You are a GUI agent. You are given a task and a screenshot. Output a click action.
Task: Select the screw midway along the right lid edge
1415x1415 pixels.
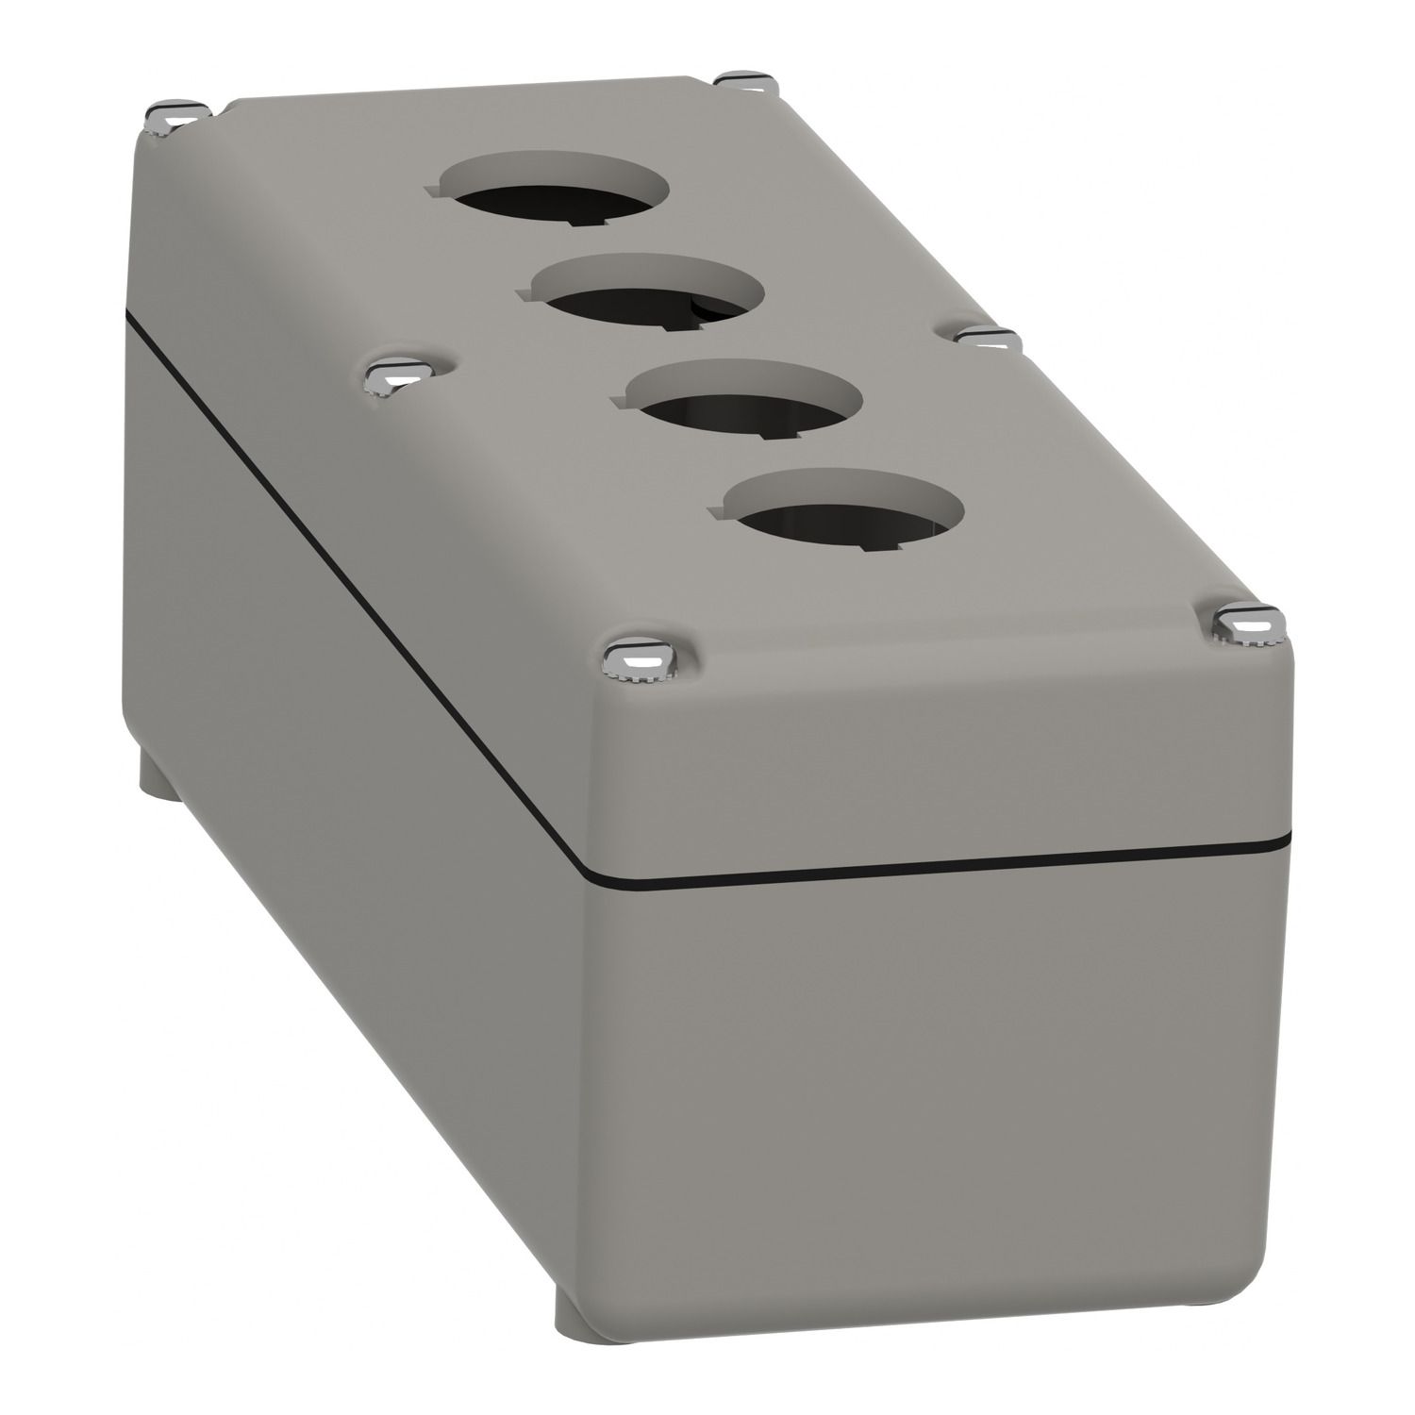(x=985, y=337)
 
